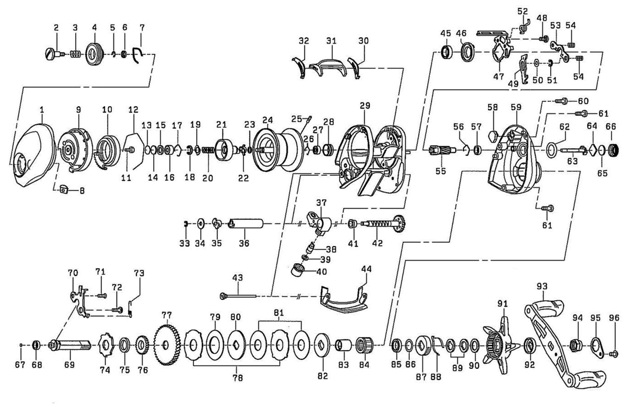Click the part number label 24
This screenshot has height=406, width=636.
pyautogui.click(x=267, y=120)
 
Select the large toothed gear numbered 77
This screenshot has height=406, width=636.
pyautogui.click(x=167, y=345)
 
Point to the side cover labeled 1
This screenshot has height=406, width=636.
pyautogui.click(x=33, y=155)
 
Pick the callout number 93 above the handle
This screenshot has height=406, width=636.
pyautogui.click(x=542, y=286)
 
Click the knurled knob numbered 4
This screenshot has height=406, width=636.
pyautogui.click(x=94, y=54)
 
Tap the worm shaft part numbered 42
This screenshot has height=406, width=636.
pyautogui.click(x=383, y=224)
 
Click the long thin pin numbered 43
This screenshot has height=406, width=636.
pyautogui.click(x=238, y=296)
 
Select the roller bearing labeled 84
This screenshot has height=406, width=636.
pyautogui.click(x=364, y=345)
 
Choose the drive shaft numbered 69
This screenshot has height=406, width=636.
pyautogui.click(x=70, y=345)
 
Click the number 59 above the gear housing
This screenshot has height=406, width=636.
pyautogui.click(x=516, y=107)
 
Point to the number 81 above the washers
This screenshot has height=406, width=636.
pyautogui.click(x=279, y=313)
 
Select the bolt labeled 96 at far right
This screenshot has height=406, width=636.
pyautogui.click(x=614, y=353)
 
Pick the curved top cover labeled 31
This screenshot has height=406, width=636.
pyautogui.click(x=328, y=66)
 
